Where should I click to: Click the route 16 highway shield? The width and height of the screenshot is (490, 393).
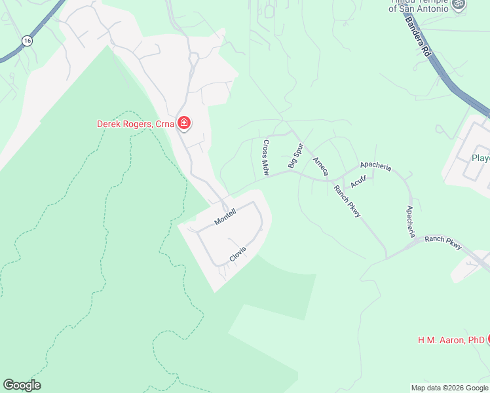point(26,41)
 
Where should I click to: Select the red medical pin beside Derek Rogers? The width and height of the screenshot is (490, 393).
point(185,123)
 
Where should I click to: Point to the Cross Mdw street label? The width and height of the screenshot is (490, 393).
point(266,158)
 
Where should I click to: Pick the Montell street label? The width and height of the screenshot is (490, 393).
point(225,217)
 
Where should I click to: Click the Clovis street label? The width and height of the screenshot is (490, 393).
point(237,254)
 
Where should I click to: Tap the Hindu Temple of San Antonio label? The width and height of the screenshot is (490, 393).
point(419,6)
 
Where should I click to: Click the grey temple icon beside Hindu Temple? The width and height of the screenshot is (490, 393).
point(459,5)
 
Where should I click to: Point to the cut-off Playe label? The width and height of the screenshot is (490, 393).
point(480,158)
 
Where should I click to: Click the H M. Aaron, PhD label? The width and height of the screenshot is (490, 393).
point(451,340)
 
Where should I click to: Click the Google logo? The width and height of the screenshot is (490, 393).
point(22,385)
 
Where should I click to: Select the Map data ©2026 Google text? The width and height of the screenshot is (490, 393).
point(449,388)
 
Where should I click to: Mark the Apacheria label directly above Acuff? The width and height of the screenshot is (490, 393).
point(375,167)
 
